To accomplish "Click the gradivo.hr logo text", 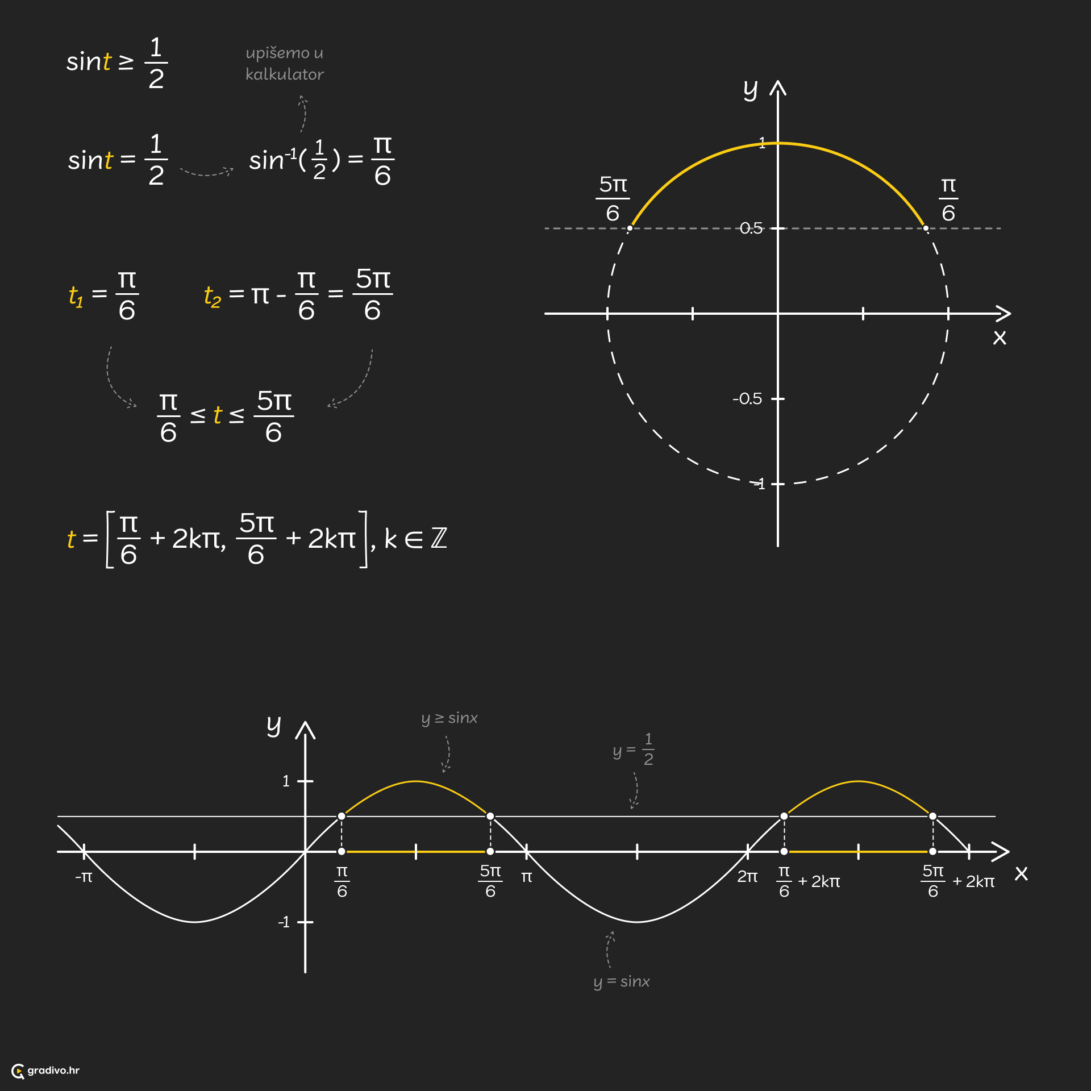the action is tap(53, 1071).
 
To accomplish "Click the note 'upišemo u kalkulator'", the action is tap(285, 64).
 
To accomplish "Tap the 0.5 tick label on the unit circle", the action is tap(751, 228).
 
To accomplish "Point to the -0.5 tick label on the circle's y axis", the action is tap(747, 399).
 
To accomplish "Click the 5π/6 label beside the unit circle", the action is tap(613, 199).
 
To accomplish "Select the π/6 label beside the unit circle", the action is tap(948, 199).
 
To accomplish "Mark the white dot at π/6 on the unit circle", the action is tap(926, 228).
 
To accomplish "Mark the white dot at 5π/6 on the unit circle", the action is tap(630, 228).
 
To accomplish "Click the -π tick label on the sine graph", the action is tap(84, 877).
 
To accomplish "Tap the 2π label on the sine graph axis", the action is tap(747, 877).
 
